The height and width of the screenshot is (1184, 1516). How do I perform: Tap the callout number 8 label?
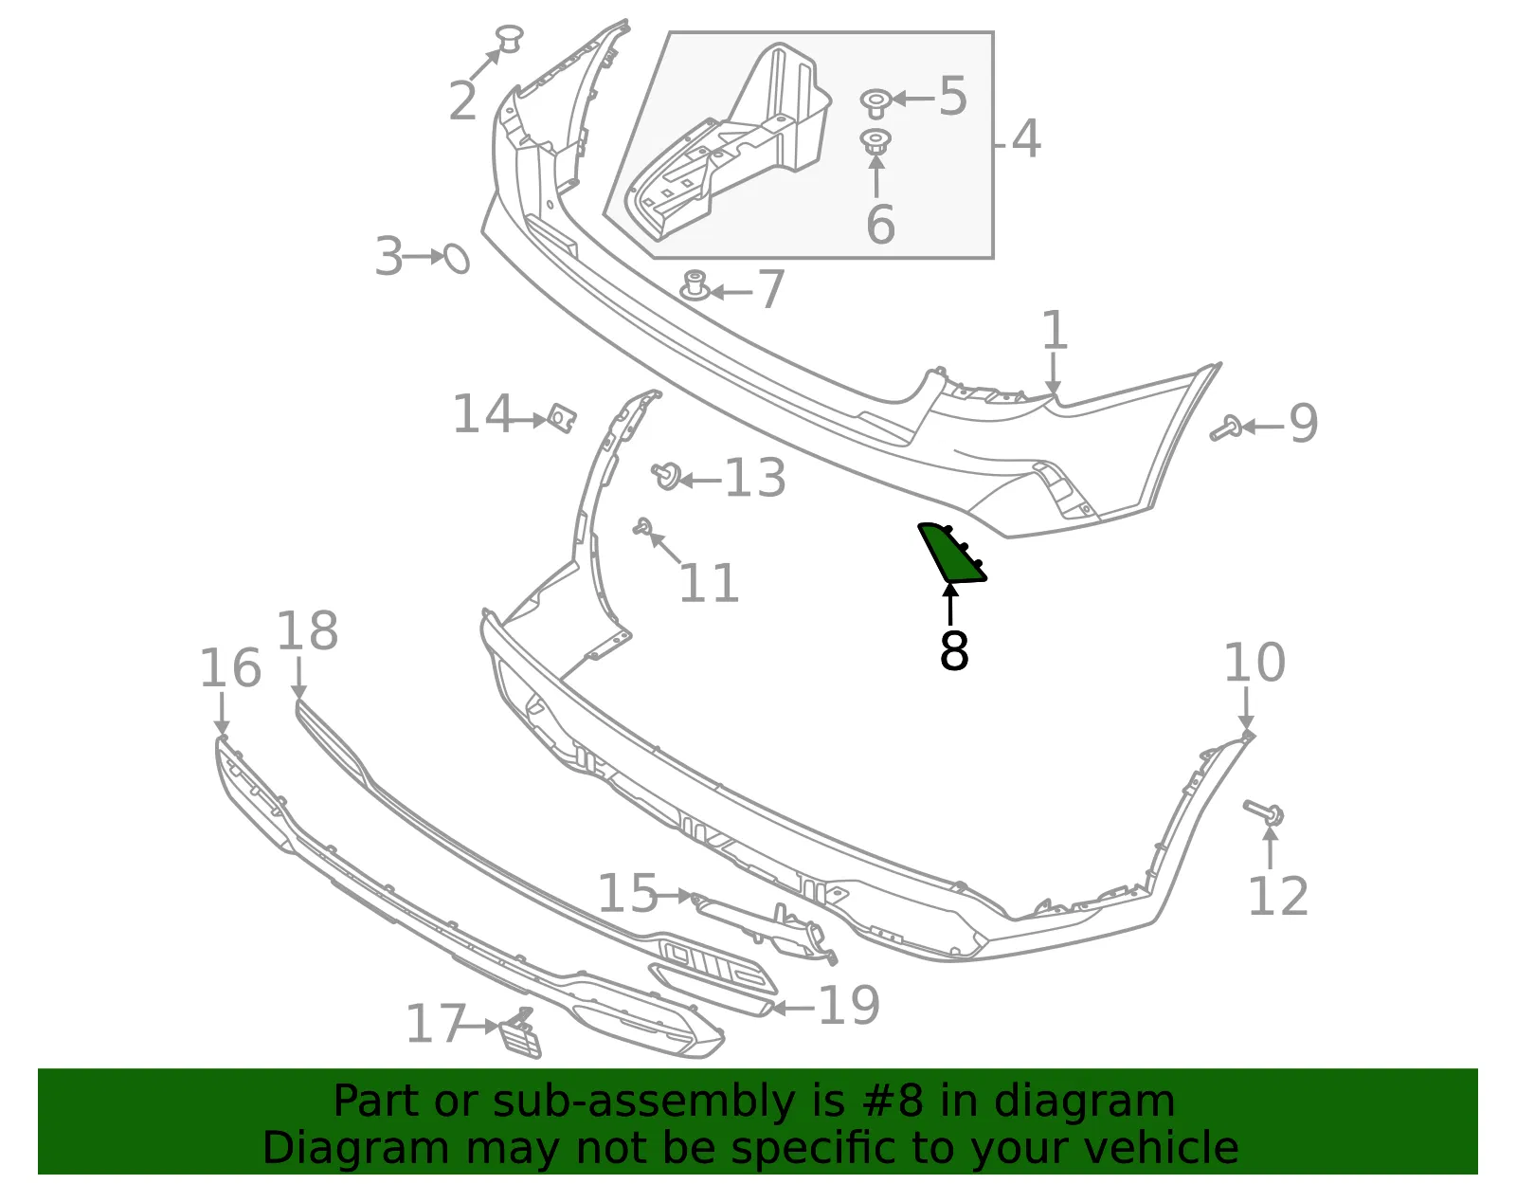[954, 651]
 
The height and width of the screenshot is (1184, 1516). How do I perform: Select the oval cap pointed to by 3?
[457, 259]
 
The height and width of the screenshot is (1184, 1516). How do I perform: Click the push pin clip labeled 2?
[510, 38]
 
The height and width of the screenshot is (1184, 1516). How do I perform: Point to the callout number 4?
[1025, 138]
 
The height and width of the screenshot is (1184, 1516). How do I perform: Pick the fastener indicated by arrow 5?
[875, 103]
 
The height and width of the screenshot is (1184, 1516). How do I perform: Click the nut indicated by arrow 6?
[875, 142]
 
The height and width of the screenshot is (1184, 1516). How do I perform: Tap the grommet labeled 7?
[695, 285]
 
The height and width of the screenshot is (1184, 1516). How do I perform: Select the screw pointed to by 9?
[1226, 428]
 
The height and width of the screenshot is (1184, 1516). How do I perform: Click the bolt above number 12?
[1263, 812]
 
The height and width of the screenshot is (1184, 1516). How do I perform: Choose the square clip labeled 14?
[561, 418]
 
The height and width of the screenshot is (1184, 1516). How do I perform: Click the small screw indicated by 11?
[642, 527]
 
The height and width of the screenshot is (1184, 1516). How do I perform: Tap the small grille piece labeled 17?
[520, 1034]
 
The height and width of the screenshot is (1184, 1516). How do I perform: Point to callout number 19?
[848, 1006]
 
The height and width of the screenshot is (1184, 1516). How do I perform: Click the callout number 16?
[230, 667]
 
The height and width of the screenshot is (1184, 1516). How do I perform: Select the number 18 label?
[308, 630]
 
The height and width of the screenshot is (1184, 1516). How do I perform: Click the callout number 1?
[1055, 330]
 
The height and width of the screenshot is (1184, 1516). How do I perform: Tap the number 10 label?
[1254, 662]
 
